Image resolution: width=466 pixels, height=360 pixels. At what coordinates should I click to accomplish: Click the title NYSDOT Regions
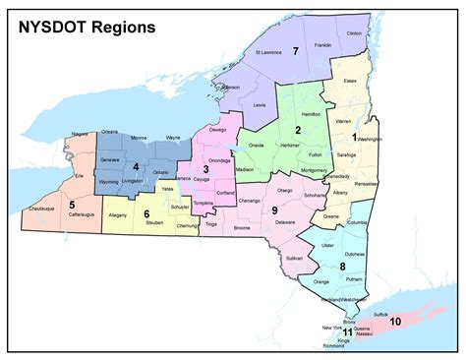point(87,28)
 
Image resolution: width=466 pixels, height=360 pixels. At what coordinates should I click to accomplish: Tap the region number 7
point(295,50)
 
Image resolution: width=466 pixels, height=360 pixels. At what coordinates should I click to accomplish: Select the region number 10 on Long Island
point(395,321)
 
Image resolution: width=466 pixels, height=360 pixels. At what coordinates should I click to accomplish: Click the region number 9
point(275,210)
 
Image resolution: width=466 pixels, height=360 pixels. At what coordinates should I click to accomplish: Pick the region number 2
point(297,130)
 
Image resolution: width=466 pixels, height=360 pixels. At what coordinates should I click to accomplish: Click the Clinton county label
point(355,33)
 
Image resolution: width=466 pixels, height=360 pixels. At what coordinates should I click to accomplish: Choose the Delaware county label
point(285,223)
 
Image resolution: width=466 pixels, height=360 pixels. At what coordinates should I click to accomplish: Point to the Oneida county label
point(257,145)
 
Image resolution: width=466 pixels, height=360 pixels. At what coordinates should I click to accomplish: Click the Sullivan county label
point(294,258)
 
